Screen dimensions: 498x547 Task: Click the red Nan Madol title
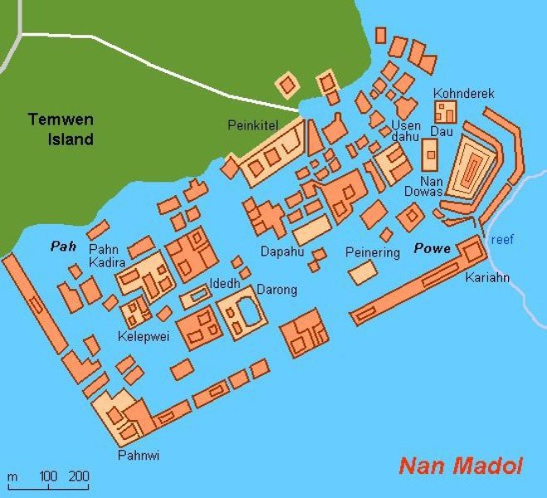[x=461, y=466]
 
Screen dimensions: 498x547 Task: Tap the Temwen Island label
[x=61, y=129]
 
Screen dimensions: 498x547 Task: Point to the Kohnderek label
[x=463, y=94]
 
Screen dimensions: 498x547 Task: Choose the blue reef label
[x=502, y=239]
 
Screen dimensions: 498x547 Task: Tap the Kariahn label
[x=487, y=276]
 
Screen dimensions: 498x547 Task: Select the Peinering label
[x=373, y=251]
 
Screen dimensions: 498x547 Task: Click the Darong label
[x=277, y=290]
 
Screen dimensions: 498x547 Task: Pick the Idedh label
[x=225, y=283]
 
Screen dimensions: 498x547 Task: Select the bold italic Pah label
[x=63, y=247]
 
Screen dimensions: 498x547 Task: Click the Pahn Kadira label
[x=107, y=256]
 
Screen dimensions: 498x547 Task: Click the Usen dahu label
[x=406, y=131]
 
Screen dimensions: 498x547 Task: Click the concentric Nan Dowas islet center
[x=474, y=171]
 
